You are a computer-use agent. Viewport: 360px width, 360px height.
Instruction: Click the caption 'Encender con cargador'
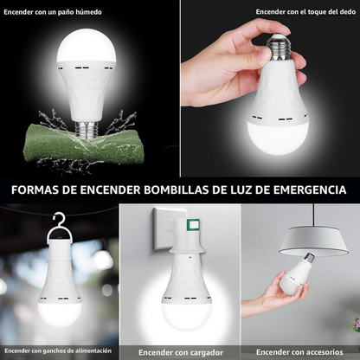179,350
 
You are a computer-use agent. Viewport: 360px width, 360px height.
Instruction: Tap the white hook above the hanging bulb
59,223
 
